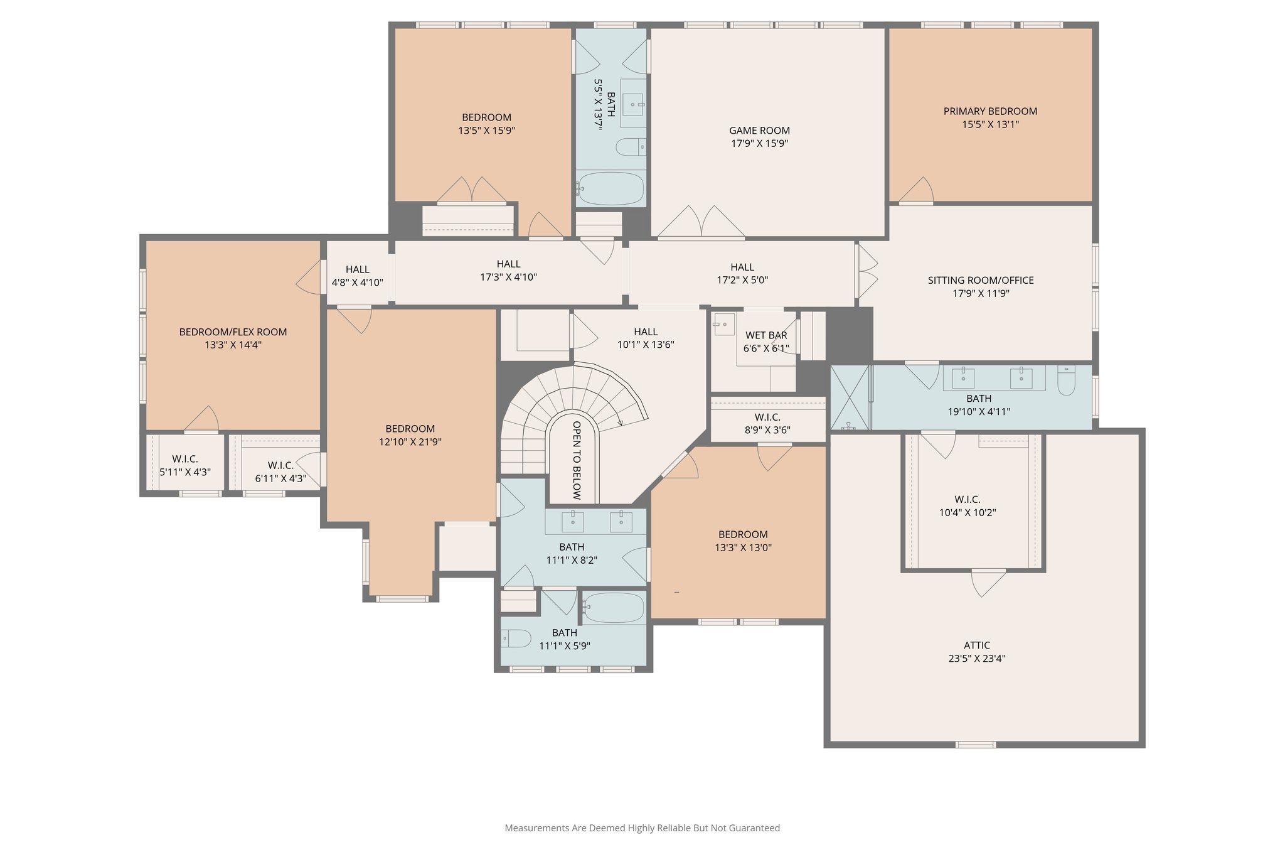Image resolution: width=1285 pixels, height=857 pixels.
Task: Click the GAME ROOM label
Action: (759, 131)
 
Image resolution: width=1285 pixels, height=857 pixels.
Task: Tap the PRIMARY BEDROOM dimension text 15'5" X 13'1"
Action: (990, 124)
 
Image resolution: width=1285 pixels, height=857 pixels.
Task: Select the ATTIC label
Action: (977, 645)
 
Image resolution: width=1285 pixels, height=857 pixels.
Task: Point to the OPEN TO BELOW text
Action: (577, 460)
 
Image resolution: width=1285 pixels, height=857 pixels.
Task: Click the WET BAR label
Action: (765, 335)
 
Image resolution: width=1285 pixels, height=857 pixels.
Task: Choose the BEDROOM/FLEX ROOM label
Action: (233, 331)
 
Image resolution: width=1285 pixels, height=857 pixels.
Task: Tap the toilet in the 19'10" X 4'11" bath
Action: (1066, 380)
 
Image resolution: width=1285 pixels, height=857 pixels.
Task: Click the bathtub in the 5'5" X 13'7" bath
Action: (611, 188)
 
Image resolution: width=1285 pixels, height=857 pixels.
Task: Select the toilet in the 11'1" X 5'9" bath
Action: (517, 639)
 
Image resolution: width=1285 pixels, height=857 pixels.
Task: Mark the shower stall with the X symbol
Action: (850, 397)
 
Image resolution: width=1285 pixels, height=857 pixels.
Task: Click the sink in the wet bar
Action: (723, 325)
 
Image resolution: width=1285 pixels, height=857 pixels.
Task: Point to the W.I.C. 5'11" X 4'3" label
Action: (184, 459)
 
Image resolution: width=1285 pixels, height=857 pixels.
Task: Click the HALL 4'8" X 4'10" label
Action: (357, 269)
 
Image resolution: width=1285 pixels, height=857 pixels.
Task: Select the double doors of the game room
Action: (701, 222)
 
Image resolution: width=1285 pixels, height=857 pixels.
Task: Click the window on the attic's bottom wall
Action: (975, 745)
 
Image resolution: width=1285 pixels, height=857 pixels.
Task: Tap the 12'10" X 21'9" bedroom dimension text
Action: (410, 442)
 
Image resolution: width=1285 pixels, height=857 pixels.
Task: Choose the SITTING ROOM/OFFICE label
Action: (980, 280)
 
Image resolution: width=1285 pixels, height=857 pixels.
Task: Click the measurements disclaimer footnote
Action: (642, 828)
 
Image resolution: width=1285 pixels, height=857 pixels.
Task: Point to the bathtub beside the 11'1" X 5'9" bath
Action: (614, 607)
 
